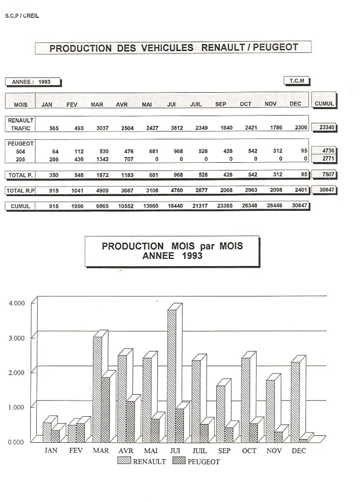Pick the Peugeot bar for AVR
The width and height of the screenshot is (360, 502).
click(x=130, y=422)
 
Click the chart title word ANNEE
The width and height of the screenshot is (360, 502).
click(x=155, y=255)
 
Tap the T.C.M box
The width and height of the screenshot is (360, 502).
click(x=297, y=81)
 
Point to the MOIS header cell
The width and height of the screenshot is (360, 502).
click(x=21, y=104)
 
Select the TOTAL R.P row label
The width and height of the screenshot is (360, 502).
click(x=20, y=190)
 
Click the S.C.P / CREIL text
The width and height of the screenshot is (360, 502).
click(x=22, y=16)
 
